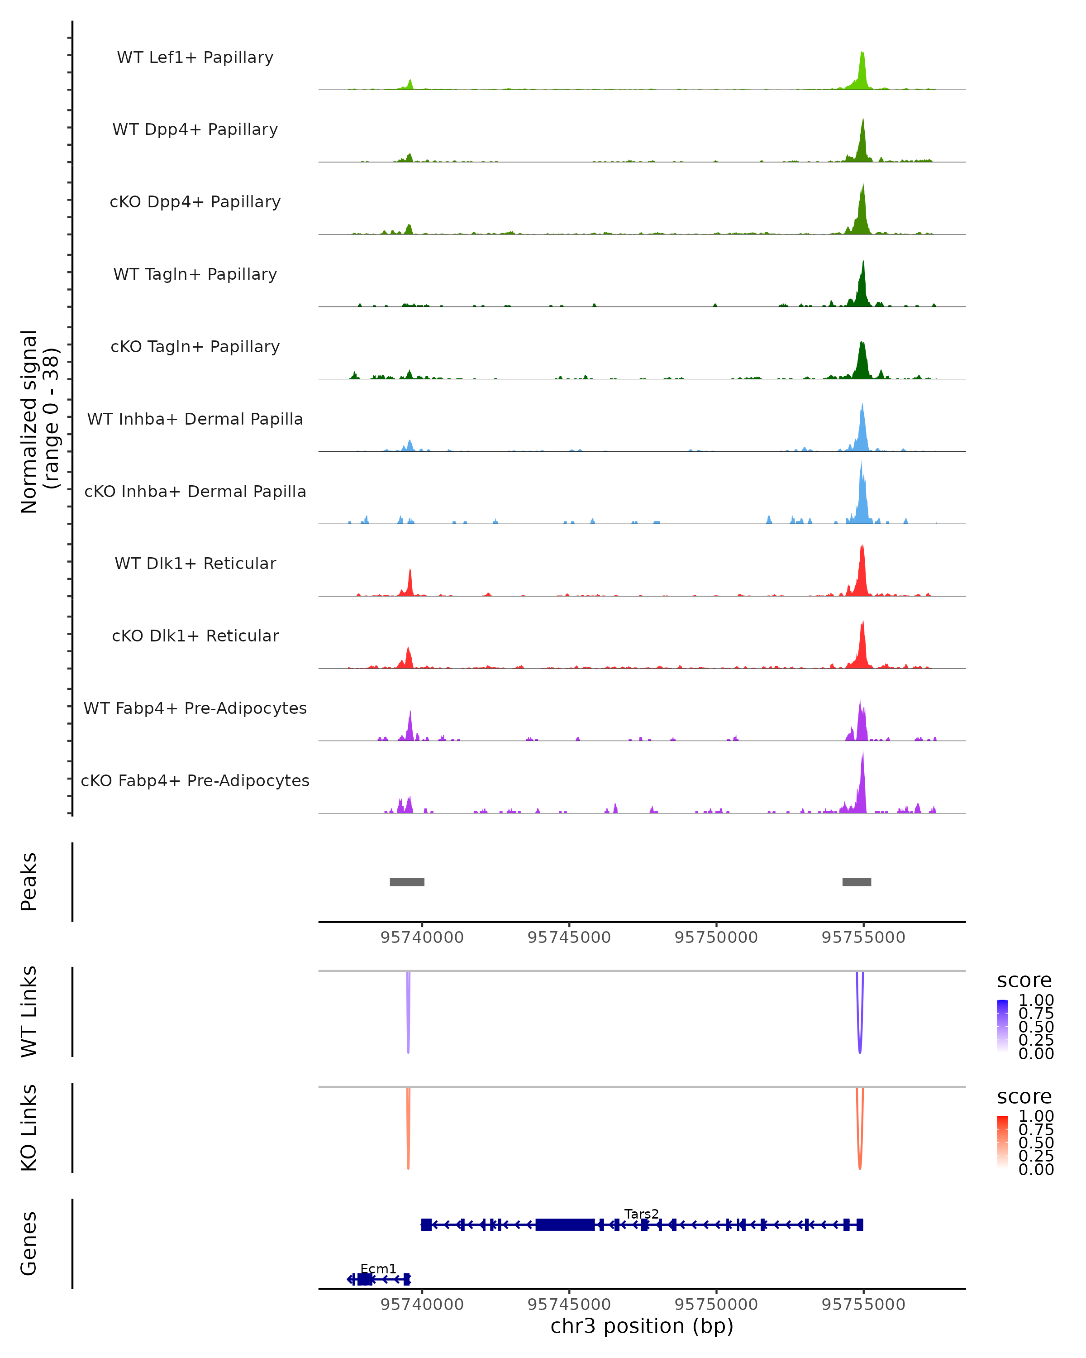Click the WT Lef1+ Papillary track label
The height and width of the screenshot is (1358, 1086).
(x=195, y=57)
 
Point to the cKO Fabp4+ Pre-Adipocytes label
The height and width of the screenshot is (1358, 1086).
(x=195, y=780)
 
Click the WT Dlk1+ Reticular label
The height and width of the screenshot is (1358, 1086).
(x=195, y=564)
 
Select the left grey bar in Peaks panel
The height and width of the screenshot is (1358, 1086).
(x=407, y=882)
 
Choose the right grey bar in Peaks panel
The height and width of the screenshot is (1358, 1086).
(x=856, y=882)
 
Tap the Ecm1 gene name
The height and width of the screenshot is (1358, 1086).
(x=378, y=1268)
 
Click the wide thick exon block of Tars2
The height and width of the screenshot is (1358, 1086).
(x=565, y=1224)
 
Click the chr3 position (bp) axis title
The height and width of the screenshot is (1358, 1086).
(x=642, y=1326)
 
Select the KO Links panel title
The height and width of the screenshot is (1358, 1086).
(x=29, y=1128)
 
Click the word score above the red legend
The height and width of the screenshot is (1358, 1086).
(x=1024, y=1097)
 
